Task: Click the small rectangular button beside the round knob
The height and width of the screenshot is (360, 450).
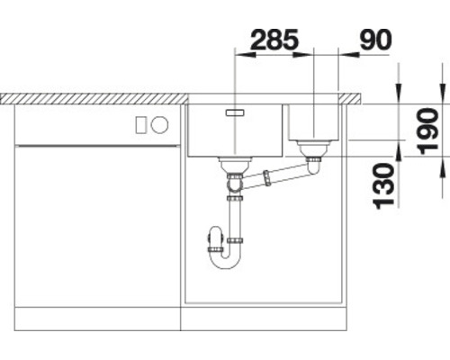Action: tap(140, 125)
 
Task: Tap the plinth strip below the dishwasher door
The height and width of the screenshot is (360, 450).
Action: tap(97, 319)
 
